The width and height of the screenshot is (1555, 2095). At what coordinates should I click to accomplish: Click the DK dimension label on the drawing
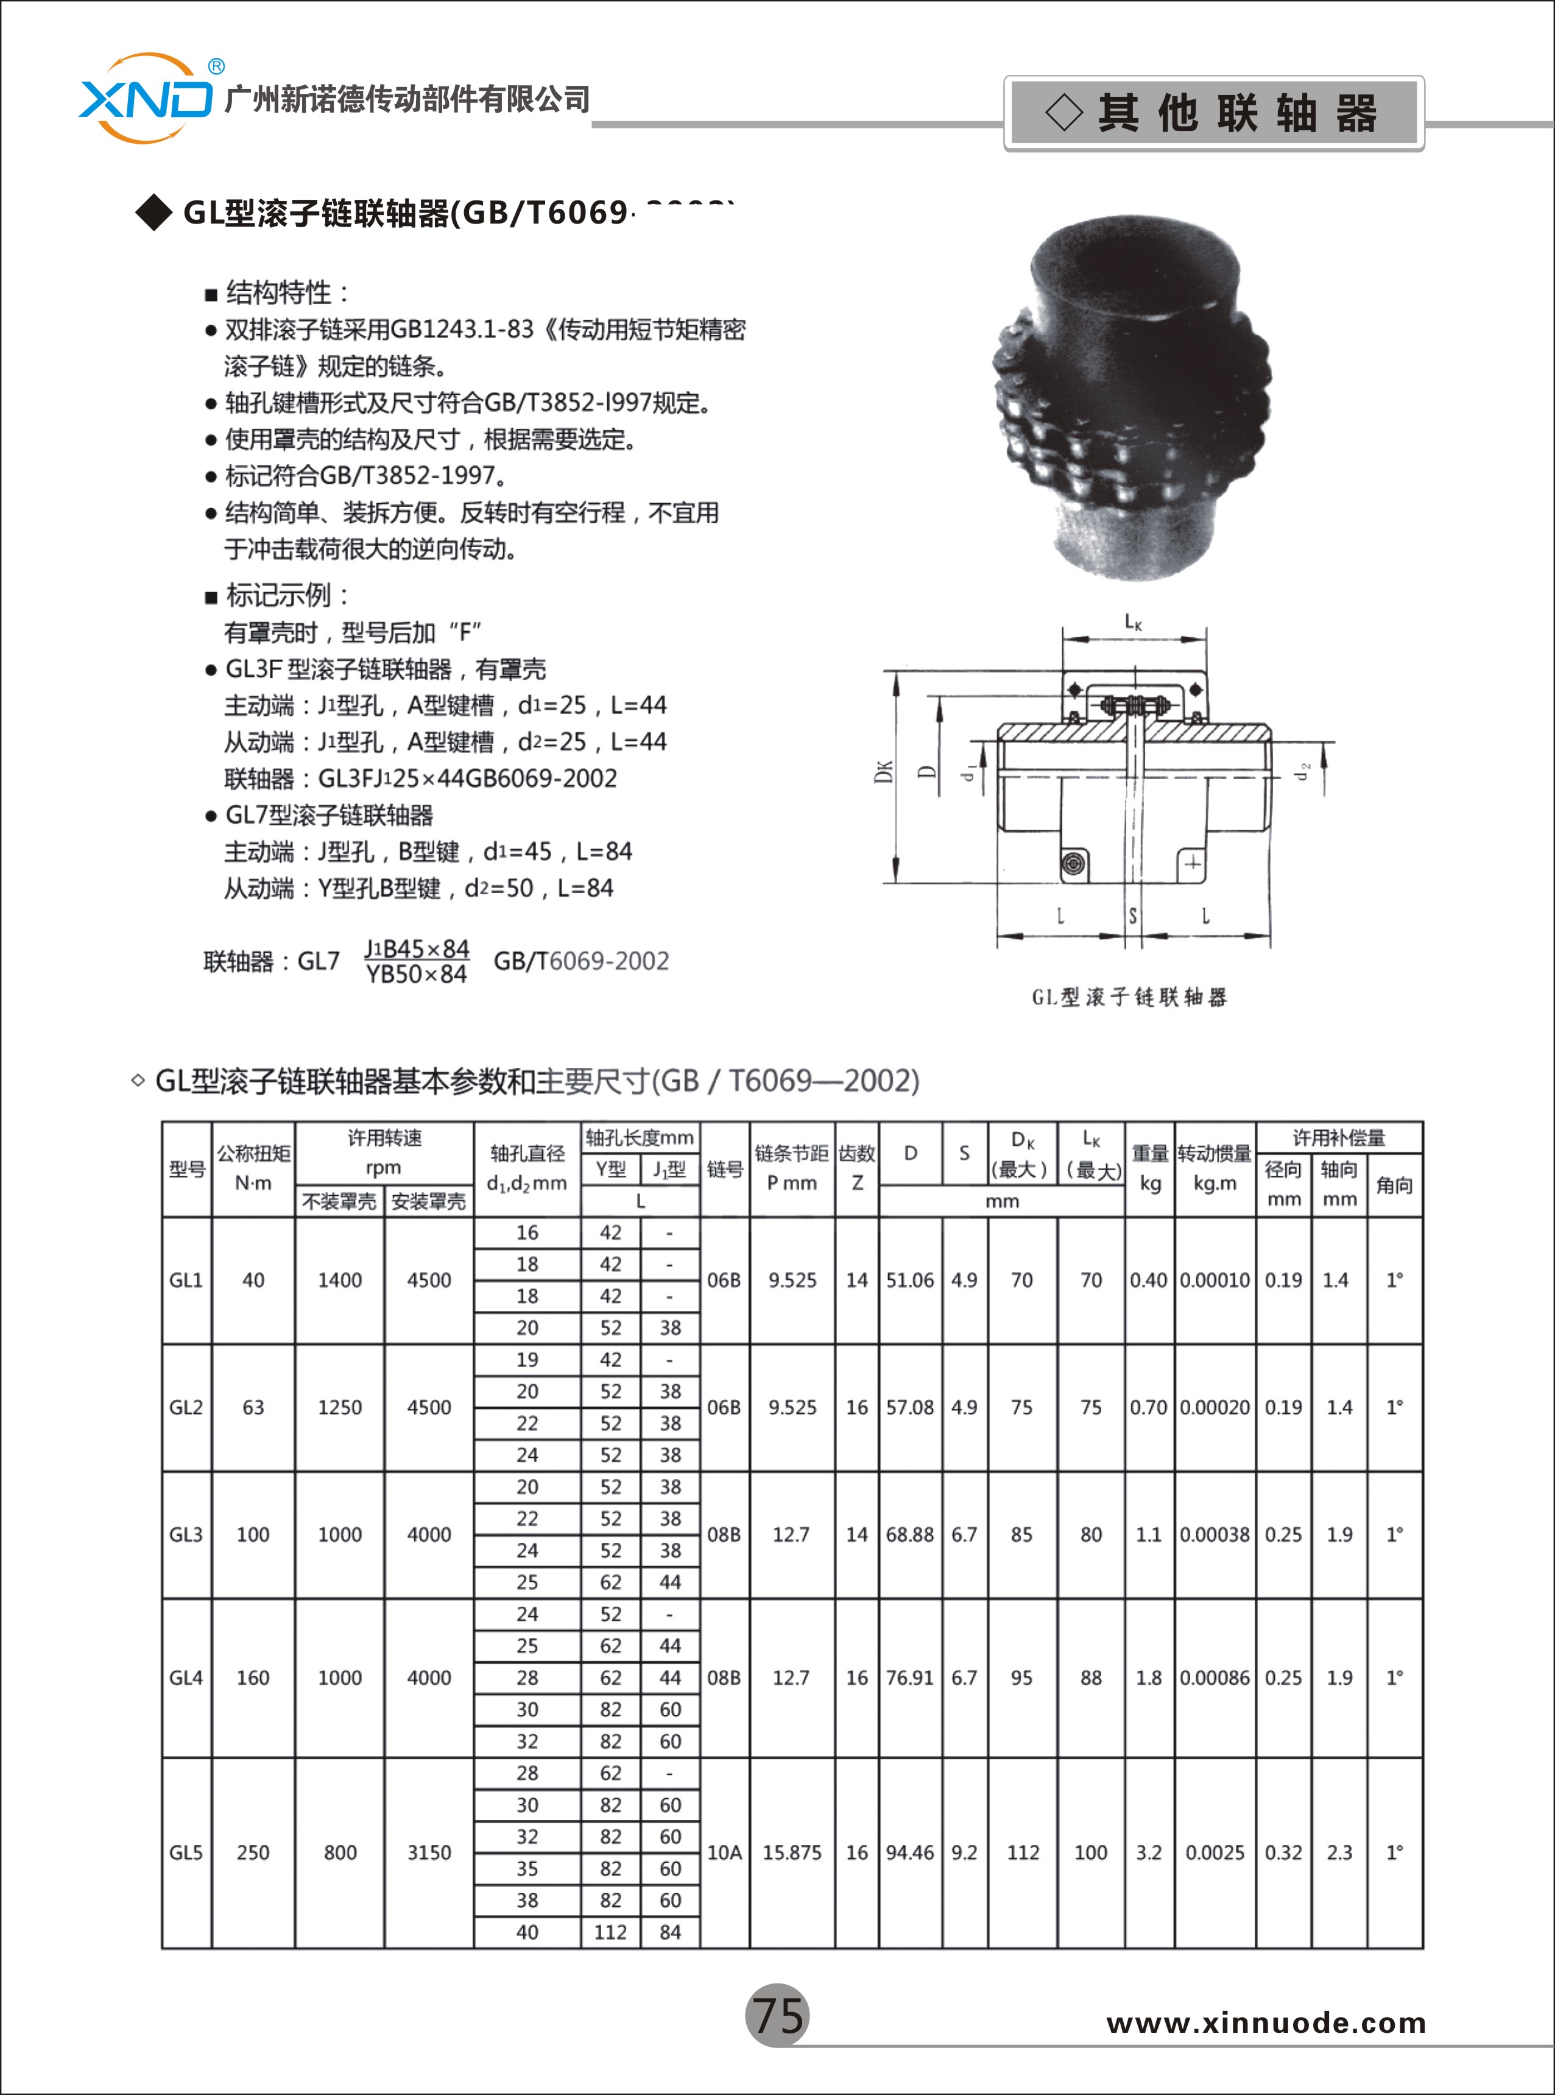883,771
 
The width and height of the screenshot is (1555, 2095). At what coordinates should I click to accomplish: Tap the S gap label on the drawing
1132,915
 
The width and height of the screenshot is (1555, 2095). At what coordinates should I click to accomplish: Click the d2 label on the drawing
1303,771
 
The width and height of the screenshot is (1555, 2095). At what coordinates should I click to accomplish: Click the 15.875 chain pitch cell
792,1852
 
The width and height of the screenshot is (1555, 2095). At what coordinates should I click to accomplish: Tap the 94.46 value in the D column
909,1852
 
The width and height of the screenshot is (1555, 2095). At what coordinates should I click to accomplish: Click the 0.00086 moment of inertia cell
1215,1677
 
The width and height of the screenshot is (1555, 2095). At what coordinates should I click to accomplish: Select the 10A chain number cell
724,1852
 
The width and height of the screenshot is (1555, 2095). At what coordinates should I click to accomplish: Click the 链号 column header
724,1168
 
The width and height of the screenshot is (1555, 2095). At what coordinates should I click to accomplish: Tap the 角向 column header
1394,1184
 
